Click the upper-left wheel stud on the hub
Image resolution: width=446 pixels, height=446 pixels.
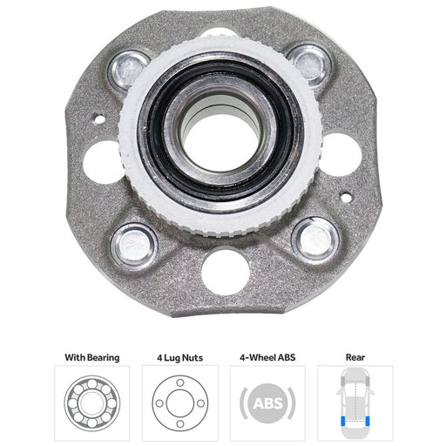(129, 70)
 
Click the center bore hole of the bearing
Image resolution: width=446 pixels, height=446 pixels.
(221, 142)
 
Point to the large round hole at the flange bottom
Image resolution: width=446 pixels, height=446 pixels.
(226, 273)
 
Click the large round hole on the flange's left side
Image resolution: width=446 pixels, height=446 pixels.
(102, 163)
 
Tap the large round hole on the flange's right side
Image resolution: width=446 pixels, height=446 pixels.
(341, 155)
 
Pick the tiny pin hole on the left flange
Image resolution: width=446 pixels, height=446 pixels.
(99, 119)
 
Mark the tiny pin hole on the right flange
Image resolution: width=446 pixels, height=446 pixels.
(346, 198)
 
